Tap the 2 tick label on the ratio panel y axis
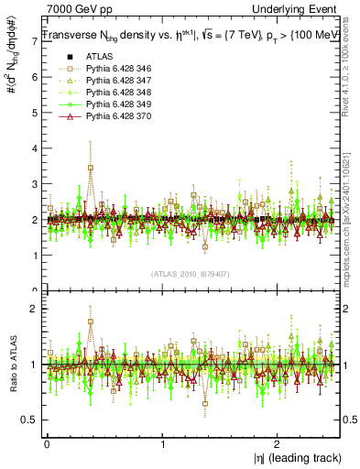pos(34,310)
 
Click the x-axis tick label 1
pos(162,442)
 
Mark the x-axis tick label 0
pos(47,442)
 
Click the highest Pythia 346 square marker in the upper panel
pos(90,168)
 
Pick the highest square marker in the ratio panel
pos(90,322)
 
